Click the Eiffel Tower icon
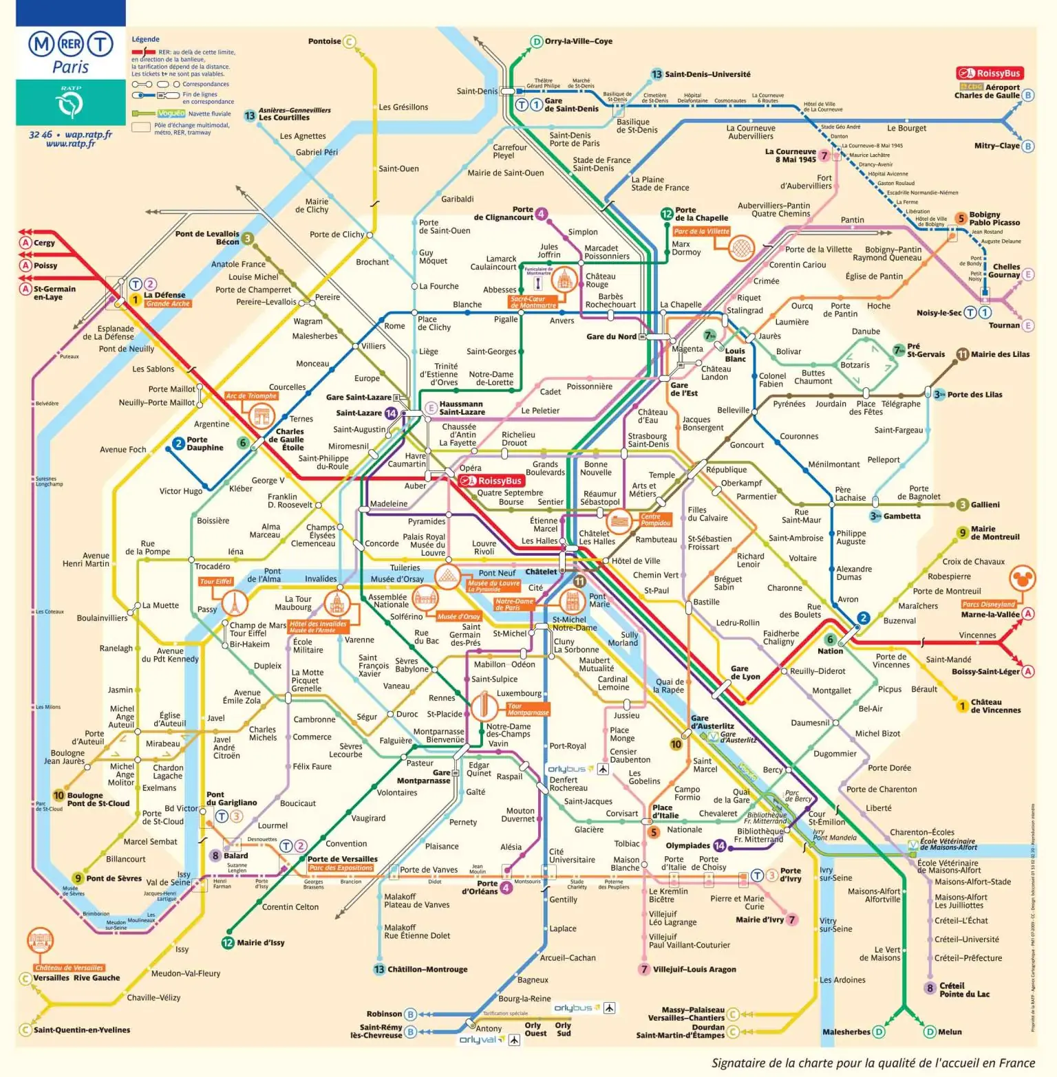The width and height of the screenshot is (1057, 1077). (x=235, y=604)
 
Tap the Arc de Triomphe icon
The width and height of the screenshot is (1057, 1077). (x=261, y=416)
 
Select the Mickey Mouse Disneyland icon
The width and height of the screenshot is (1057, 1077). (x=1022, y=579)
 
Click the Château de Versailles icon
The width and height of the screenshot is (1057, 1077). (x=40, y=940)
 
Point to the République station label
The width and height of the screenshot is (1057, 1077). (x=726, y=470)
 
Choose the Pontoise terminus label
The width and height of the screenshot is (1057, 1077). (x=324, y=41)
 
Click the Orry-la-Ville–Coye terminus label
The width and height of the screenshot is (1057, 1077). (x=578, y=41)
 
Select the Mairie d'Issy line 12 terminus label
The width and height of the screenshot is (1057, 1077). (x=260, y=943)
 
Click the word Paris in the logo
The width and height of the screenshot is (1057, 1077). (x=70, y=67)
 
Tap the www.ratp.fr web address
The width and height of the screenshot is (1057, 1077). (x=70, y=144)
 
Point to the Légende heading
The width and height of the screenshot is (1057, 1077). (x=145, y=39)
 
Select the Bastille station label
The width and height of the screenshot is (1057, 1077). (x=706, y=602)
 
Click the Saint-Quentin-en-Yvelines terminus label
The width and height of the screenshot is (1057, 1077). (x=82, y=1030)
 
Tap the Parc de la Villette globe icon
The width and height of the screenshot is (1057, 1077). (x=740, y=248)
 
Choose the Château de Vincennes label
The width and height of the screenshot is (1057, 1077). (x=995, y=706)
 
